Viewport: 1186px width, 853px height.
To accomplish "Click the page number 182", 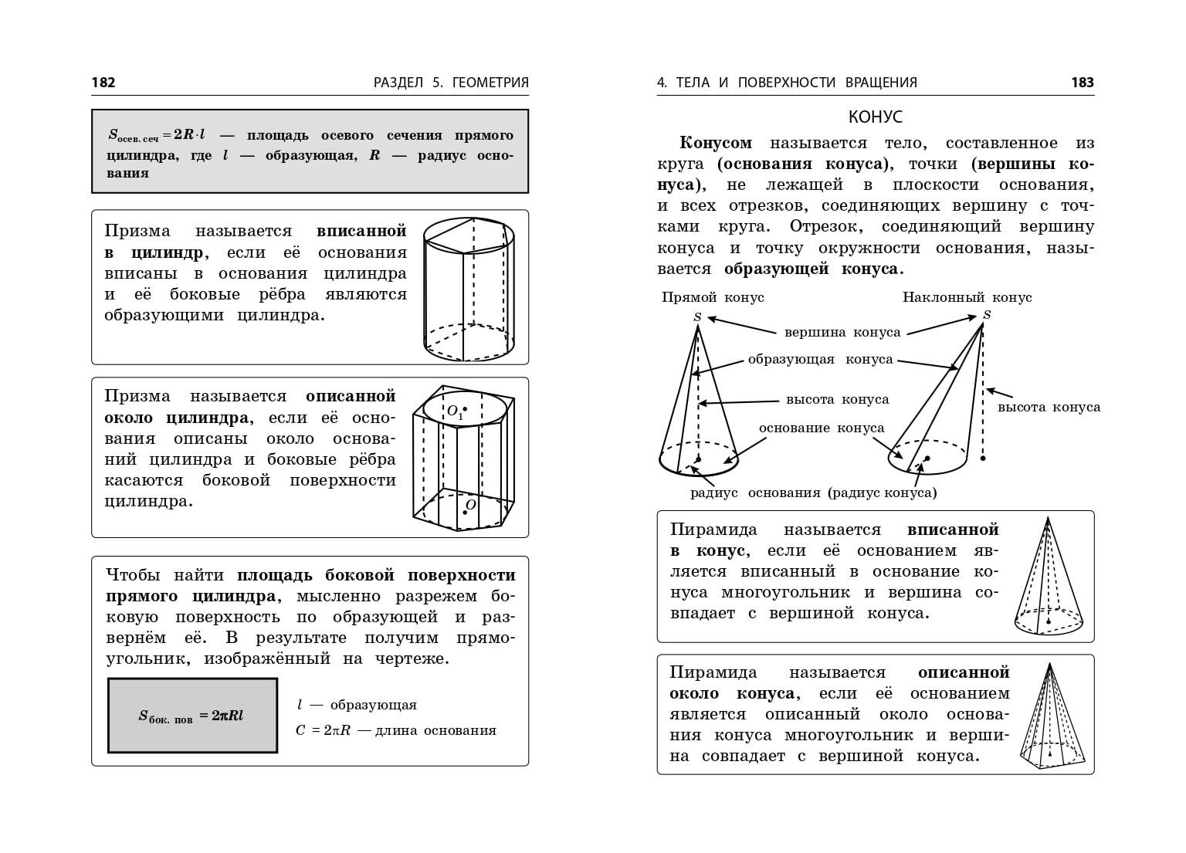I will point(103,83).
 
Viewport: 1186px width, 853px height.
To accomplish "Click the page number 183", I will point(1083,83).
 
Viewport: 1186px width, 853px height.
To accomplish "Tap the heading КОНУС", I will point(875,117).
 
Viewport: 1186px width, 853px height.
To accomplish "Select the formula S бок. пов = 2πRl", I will point(191,716).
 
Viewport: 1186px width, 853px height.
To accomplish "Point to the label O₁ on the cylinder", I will point(455,411).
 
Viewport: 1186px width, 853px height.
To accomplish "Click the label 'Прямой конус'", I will point(713,297).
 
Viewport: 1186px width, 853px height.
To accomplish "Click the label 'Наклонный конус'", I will point(967,297).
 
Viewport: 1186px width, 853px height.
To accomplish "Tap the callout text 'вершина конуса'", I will point(842,333).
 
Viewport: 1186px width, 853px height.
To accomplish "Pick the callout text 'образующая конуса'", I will point(820,360).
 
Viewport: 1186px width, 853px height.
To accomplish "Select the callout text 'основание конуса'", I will point(822,428).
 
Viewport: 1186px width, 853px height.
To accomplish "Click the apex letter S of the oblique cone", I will point(987,314).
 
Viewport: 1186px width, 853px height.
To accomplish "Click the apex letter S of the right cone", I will point(698,316).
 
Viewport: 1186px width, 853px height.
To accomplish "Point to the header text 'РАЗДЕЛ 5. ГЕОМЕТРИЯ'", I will point(451,83).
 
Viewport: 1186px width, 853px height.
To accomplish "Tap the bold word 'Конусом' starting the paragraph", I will point(716,143).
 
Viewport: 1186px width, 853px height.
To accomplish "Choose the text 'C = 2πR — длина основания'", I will point(395,730).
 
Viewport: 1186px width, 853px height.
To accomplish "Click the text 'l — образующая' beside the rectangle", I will point(357,705).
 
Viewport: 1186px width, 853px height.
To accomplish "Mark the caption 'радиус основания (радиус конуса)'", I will point(813,493).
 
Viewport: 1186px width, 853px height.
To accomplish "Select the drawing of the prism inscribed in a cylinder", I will point(469,289).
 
